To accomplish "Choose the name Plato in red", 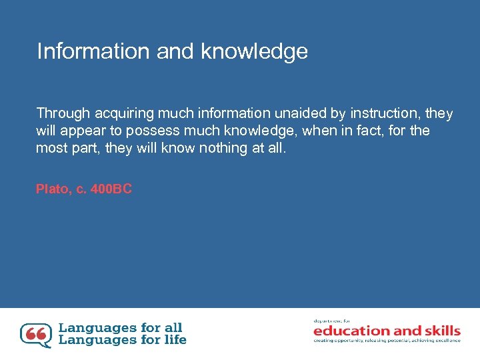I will point(52,189).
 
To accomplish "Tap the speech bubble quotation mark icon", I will point(35,335).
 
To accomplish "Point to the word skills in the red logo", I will point(439,331).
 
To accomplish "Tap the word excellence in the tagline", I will point(445,341).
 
